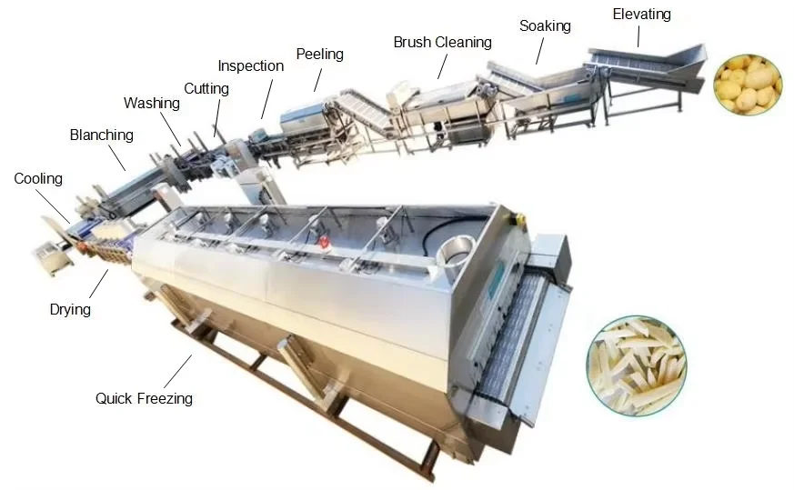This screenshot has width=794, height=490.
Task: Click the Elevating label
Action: [x=641, y=15]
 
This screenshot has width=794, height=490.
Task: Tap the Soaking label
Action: [x=545, y=25]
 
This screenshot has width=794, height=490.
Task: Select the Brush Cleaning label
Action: [x=442, y=43]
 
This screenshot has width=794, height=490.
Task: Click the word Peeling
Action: [x=319, y=55]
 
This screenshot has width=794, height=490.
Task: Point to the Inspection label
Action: [x=250, y=66]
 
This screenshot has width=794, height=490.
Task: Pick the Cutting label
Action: [x=206, y=89]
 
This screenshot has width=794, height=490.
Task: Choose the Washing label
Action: [x=152, y=103]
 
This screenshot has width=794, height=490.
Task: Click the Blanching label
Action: [x=101, y=135]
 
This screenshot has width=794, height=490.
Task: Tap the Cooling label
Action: [x=38, y=179]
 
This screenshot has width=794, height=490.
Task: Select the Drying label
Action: [x=70, y=310]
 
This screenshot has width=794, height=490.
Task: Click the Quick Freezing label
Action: [x=144, y=398]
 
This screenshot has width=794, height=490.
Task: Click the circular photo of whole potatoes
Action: [x=747, y=85]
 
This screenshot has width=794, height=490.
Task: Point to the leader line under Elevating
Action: [x=638, y=35]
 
